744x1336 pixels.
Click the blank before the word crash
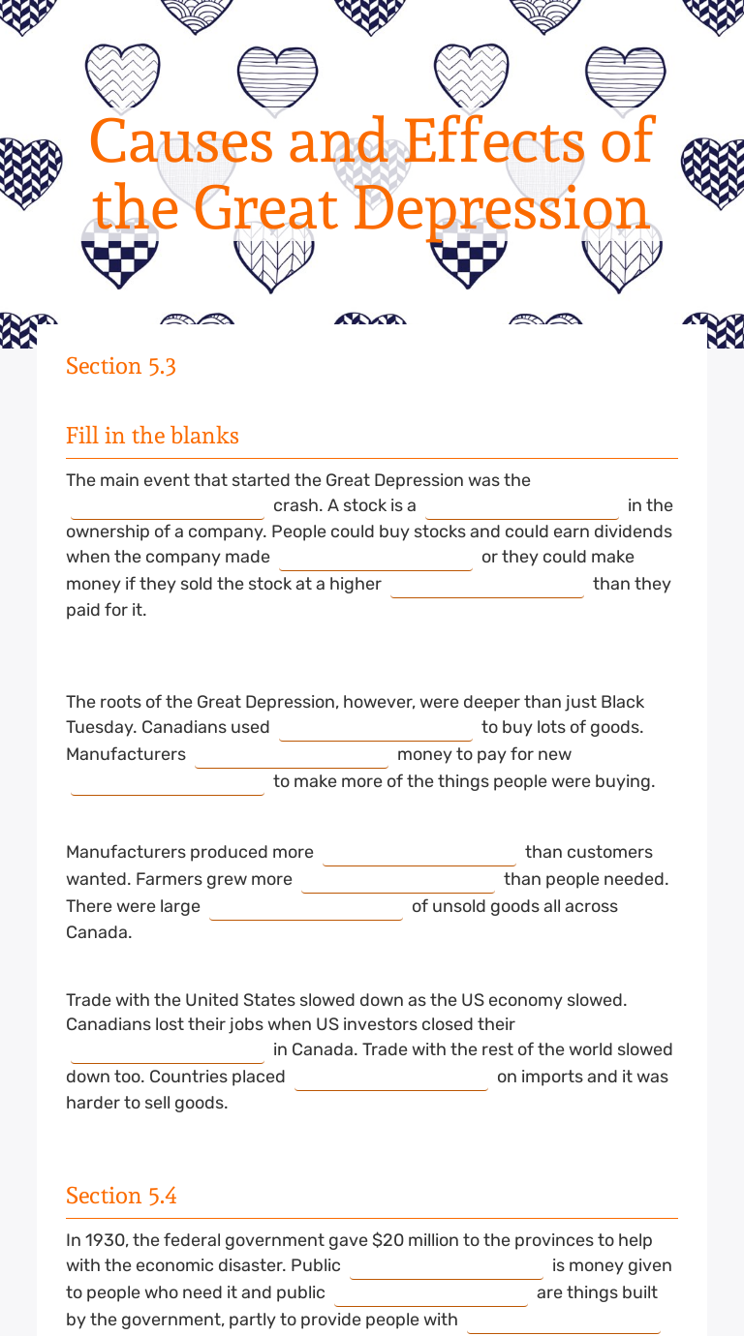click(168, 506)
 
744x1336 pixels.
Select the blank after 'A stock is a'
click(522, 506)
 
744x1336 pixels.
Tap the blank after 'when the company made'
click(376, 558)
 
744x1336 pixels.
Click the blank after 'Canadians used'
click(376, 728)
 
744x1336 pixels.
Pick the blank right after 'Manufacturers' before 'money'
click(292, 755)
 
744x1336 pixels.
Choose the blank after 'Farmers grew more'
click(398, 880)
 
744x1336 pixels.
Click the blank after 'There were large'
click(306, 907)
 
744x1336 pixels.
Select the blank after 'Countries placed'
click(391, 1078)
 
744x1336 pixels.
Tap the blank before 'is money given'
click(447, 1266)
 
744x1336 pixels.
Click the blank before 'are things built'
click(431, 1293)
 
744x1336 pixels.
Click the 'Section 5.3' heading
click(121, 366)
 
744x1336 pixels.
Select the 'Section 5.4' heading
click(121, 1196)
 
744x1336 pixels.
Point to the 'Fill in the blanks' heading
click(152, 436)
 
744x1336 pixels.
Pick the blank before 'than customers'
click(419, 853)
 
